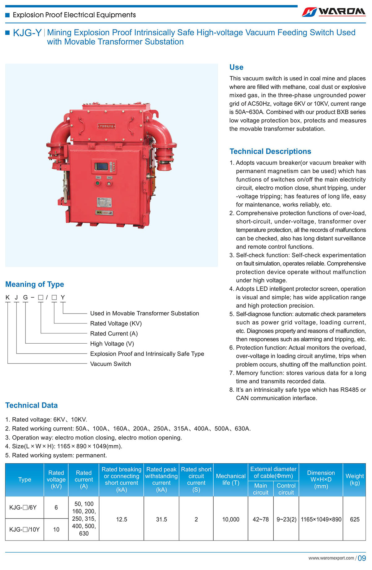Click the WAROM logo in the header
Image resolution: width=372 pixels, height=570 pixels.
pyautogui.click(x=334, y=12)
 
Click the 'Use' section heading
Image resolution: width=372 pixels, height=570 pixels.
pyautogui.click(x=236, y=67)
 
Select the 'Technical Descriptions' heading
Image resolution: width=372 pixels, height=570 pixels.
pyautogui.click(x=270, y=151)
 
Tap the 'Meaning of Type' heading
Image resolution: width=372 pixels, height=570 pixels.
pyautogui.click(x=35, y=284)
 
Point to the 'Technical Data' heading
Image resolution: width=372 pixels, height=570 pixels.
pyautogui.click(x=31, y=405)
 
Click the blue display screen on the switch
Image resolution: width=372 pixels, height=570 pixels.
pyautogui.click(x=101, y=166)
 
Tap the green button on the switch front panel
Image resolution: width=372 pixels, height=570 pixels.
pyautogui.click(x=98, y=183)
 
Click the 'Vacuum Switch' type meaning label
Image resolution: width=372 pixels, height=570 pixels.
pyautogui.click(x=111, y=364)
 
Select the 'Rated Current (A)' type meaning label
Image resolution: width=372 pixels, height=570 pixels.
pyautogui.click(x=114, y=334)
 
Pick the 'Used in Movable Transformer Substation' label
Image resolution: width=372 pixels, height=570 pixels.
pyautogui.click(x=144, y=313)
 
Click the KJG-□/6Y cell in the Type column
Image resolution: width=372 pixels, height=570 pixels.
pyautogui.click(x=23, y=507)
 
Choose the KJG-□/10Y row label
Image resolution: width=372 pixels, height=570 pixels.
pyautogui.click(x=24, y=529)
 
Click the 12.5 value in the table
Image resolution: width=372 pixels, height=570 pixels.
pyautogui.click(x=122, y=519)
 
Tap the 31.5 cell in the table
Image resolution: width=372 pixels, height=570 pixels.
pyautogui.click(x=162, y=519)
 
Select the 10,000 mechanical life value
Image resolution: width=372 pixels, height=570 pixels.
pyautogui.click(x=231, y=519)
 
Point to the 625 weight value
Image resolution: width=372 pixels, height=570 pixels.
pyautogui.click(x=355, y=519)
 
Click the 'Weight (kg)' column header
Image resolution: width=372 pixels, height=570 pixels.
pyautogui.click(x=355, y=479)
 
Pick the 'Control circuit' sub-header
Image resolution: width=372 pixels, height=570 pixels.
pyautogui.click(x=286, y=489)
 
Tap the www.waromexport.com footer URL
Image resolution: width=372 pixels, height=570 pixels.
pyautogui.click(x=331, y=558)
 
